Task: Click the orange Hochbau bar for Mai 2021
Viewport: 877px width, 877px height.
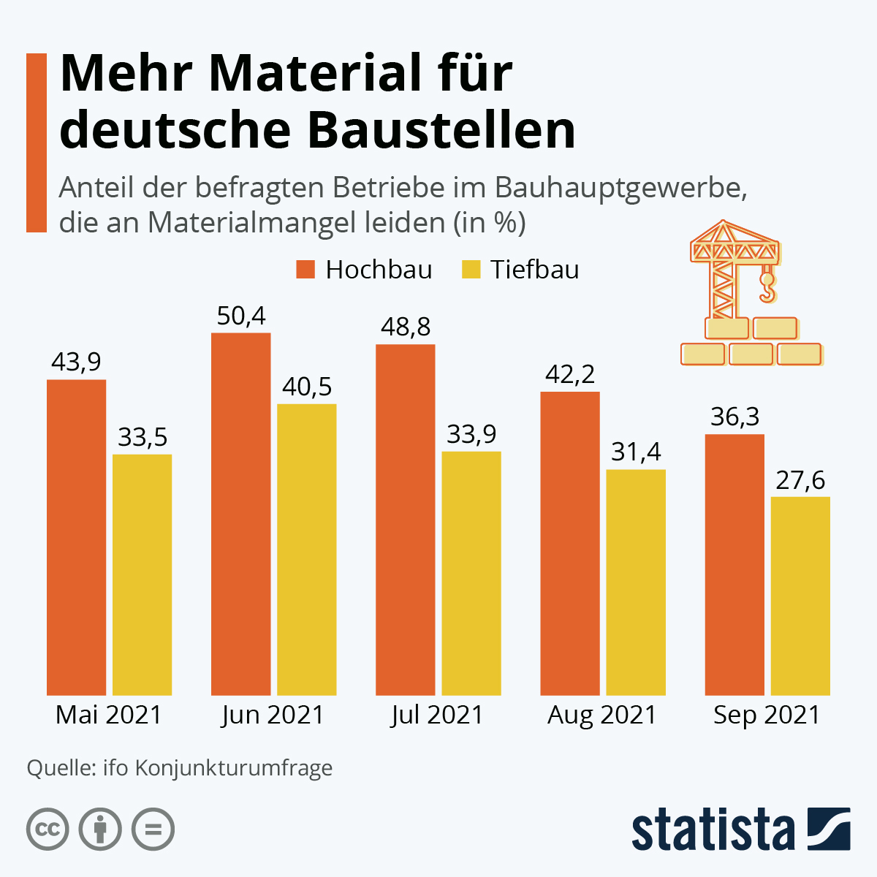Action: [x=76, y=537]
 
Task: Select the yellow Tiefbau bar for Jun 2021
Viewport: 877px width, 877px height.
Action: [x=306, y=549]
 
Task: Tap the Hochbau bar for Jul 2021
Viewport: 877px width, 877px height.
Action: [x=405, y=519]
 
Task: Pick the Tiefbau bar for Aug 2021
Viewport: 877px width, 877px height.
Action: [x=636, y=582]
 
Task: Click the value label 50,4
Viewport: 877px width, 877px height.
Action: [x=241, y=316]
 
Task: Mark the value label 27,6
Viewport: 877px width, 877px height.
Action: [x=800, y=480]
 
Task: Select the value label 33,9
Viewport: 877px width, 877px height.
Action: [x=471, y=434]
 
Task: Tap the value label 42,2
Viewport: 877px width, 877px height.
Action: [x=570, y=374]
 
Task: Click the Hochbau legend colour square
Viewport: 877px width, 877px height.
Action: [x=305, y=269]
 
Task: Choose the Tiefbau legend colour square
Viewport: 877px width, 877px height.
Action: [x=471, y=269]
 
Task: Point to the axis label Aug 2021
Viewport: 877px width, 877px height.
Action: [x=602, y=715]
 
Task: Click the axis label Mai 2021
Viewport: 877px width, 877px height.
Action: [x=109, y=715]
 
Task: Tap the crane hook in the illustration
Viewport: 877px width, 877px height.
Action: [x=767, y=289]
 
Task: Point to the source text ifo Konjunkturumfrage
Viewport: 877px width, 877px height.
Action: [x=218, y=768]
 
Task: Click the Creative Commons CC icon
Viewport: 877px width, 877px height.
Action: [x=48, y=829]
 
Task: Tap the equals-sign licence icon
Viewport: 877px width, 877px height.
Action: [x=153, y=829]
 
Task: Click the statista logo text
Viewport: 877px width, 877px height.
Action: [x=713, y=829]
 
